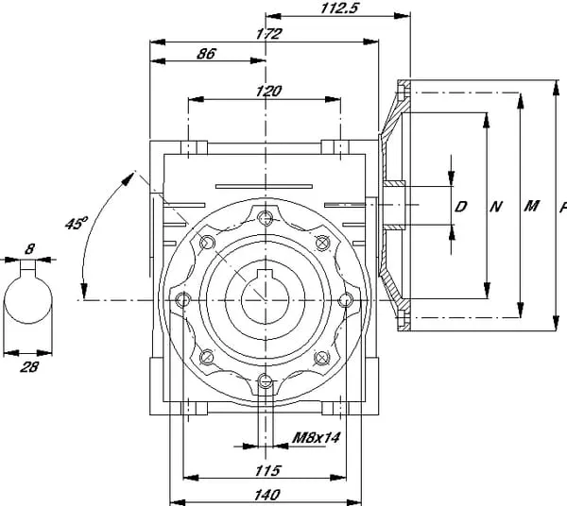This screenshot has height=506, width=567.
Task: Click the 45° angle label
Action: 76,224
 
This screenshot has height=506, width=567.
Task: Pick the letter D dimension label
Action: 462,206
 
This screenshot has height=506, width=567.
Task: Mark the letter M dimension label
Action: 531,206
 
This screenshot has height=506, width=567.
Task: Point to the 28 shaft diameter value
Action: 29,365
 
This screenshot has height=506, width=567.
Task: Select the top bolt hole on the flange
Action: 268,217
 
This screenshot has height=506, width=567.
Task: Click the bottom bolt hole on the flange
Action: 267,382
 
